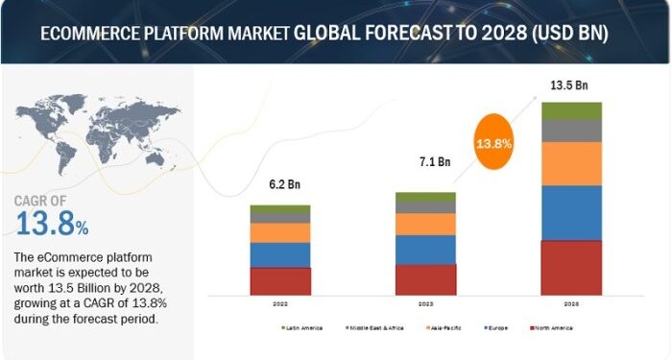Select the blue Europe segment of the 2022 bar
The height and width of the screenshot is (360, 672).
[x=280, y=254]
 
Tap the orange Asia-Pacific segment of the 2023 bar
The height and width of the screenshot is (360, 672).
[x=425, y=224]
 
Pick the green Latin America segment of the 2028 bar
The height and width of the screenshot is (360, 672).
[x=571, y=110]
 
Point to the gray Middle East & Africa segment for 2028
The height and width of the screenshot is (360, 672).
[x=571, y=131]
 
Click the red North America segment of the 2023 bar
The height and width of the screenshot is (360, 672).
[x=425, y=278]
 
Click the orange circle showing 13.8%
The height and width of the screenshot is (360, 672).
[x=492, y=144]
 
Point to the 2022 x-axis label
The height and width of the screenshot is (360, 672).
[x=280, y=302]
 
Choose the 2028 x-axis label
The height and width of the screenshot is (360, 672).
[x=571, y=302]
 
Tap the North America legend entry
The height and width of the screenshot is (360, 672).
[x=554, y=327]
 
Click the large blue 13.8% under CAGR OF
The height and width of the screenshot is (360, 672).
[x=53, y=224]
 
